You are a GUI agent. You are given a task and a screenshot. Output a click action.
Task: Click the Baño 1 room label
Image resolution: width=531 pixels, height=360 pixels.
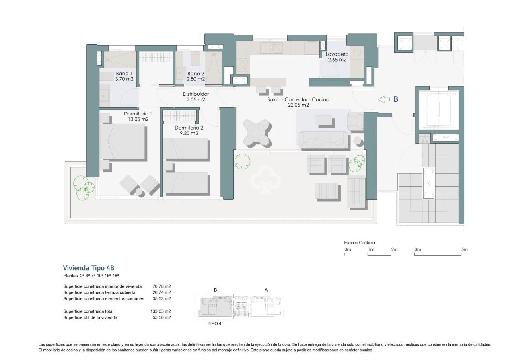click(124, 74)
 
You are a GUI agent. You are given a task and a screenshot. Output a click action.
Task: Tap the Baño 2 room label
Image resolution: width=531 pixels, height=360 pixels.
click(196, 74)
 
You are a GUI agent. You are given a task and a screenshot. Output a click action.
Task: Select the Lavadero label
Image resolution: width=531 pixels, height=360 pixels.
click(337, 53)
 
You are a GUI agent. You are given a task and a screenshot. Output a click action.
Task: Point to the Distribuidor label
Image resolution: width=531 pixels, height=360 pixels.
click(196, 94)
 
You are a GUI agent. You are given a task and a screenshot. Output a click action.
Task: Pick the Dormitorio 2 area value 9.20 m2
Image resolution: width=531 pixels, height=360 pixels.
click(189, 133)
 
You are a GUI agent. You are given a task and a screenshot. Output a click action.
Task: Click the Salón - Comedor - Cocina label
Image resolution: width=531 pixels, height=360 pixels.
click(298, 99)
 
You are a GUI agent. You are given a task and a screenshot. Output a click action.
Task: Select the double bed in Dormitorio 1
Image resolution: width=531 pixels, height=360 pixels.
click(122, 142)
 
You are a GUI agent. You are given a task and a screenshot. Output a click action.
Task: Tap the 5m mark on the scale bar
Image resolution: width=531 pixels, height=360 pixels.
click(465, 250)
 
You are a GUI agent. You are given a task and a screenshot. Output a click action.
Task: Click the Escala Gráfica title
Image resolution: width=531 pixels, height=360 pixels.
click(359, 243)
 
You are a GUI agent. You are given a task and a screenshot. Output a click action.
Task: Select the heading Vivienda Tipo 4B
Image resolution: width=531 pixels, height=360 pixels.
click(91, 268)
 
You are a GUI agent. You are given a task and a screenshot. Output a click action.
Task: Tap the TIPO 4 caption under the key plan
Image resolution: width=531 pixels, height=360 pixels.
click(214, 323)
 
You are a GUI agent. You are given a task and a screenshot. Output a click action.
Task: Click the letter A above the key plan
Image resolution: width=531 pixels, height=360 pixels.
click(266, 290)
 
